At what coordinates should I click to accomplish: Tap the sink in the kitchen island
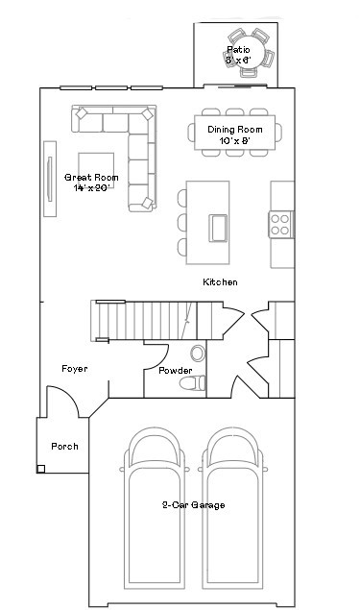(x=218, y=227)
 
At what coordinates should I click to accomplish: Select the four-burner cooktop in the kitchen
(x=281, y=224)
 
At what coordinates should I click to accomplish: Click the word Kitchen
(x=220, y=282)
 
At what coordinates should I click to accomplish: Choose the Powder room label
(x=176, y=371)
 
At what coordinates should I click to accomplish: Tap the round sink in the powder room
(x=199, y=353)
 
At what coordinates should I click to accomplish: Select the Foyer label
(x=76, y=369)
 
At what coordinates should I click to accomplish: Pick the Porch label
(x=64, y=447)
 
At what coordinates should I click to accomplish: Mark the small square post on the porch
(x=40, y=469)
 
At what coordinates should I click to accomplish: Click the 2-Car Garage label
(x=193, y=505)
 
